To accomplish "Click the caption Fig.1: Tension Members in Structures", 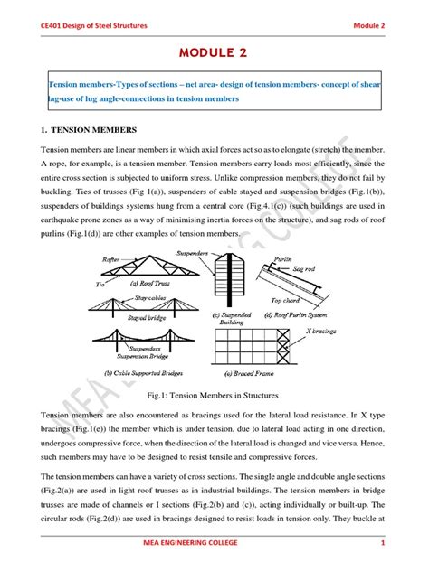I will pyautogui.click(x=214, y=395).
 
